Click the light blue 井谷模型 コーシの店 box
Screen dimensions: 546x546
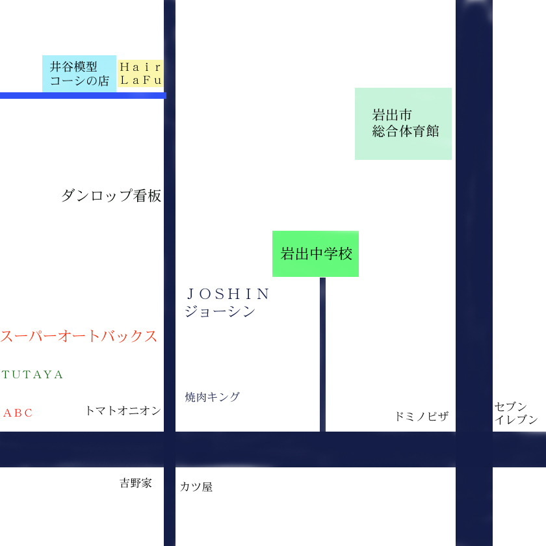(x=79, y=73)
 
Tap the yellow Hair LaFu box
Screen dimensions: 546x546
(x=140, y=73)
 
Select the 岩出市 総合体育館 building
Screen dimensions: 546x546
(x=403, y=123)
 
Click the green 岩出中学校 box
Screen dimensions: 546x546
(x=315, y=253)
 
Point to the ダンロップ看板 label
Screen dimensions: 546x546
(x=111, y=196)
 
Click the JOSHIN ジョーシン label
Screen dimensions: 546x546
(x=227, y=302)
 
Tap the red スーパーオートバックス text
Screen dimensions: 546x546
(x=79, y=336)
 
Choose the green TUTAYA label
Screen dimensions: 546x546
(x=32, y=375)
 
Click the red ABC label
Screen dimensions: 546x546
(x=18, y=413)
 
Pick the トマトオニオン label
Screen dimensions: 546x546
(x=123, y=410)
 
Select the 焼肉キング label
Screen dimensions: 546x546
(x=212, y=396)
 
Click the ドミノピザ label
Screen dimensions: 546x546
(x=421, y=417)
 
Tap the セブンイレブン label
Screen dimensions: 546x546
(x=516, y=413)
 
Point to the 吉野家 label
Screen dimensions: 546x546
(x=135, y=483)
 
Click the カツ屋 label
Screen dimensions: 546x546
(x=196, y=486)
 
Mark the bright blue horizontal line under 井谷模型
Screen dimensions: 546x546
(x=83, y=96)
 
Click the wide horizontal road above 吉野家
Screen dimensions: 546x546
(x=260, y=449)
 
